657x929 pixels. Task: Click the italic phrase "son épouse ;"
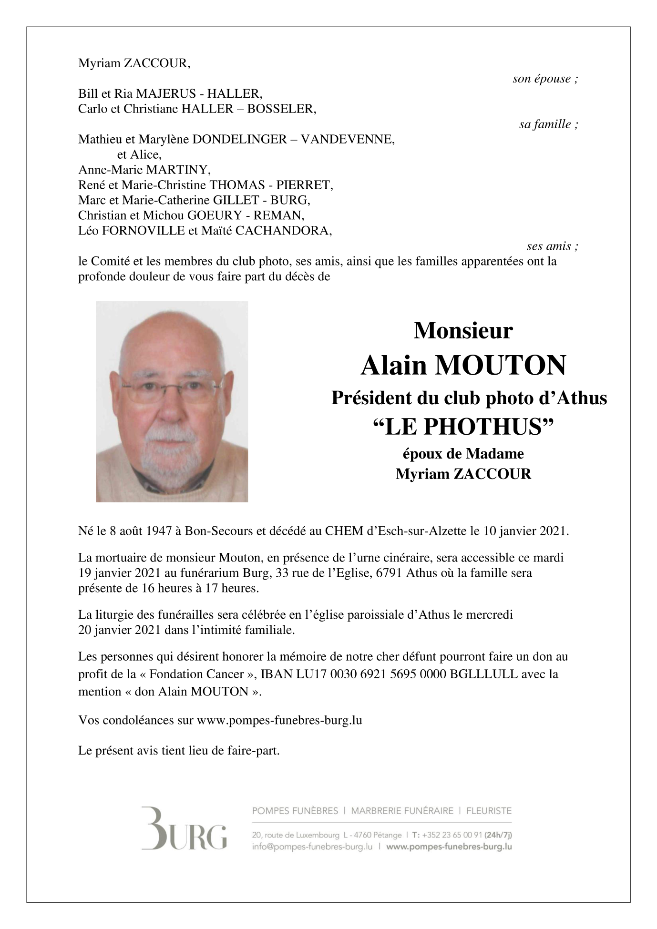(x=545, y=79)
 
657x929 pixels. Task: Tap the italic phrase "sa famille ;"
(x=548, y=125)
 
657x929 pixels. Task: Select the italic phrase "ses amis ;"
(x=552, y=246)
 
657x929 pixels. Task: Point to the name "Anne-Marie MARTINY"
(x=144, y=170)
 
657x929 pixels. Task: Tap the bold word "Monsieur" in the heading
(x=463, y=330)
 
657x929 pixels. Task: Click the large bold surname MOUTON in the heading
(x=500, y=366)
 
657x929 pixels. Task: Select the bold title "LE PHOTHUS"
(x=463, y=427)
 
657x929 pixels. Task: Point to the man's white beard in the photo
(x=171, y=450)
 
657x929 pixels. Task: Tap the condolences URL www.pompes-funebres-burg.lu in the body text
(x=279, y=720)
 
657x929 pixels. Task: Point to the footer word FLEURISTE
(x=489, y=811)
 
